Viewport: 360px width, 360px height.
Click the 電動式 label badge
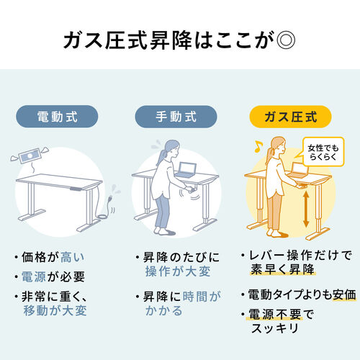tap(57, 115)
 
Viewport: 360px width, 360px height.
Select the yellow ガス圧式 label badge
tap(290, 115)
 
